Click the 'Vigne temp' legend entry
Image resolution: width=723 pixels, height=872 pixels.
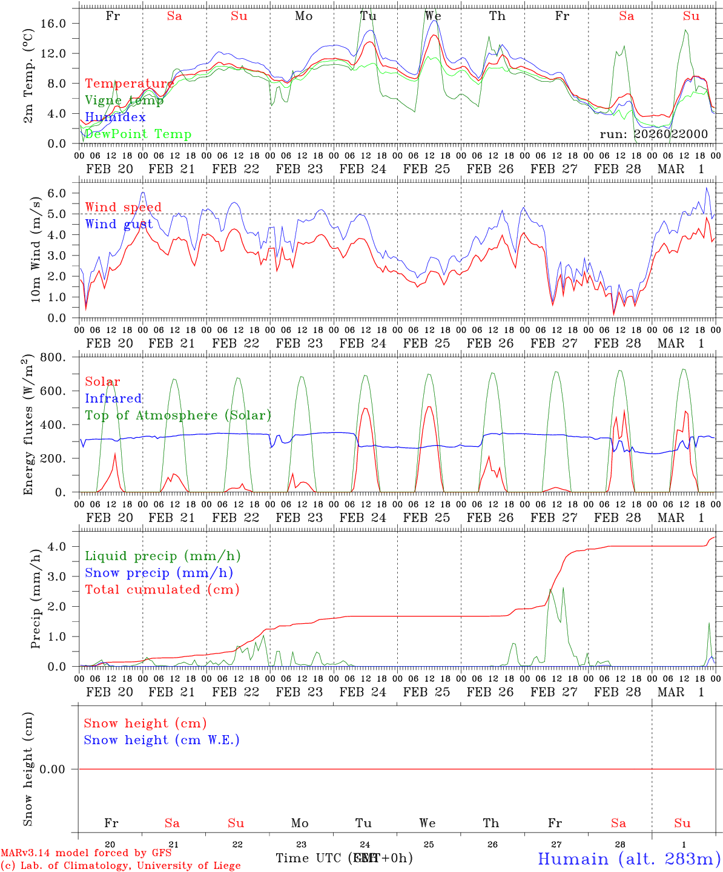[124, 101]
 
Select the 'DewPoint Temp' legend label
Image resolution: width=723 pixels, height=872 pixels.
[138, 134]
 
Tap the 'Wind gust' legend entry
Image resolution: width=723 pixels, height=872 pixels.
[119, 224]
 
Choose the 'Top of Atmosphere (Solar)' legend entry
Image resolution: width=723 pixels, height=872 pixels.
[178, 415]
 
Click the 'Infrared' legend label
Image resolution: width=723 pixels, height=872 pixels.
[113, 398]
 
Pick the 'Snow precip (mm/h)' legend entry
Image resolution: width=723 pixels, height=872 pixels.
[159, 573]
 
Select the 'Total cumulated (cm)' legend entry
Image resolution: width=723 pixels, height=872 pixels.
[162, 590]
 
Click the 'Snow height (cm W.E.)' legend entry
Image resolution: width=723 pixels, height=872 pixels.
[162, 740]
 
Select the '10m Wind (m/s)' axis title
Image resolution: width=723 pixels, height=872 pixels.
[36, 250]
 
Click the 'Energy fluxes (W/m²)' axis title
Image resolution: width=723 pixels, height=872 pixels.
[28, 426]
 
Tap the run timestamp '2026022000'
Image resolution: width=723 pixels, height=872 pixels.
[671, 134]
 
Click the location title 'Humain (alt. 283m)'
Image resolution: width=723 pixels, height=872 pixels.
[629, 859]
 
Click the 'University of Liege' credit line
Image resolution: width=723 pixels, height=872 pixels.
[120, 865]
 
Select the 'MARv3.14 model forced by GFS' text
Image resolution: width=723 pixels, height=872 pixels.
[86, 853]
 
